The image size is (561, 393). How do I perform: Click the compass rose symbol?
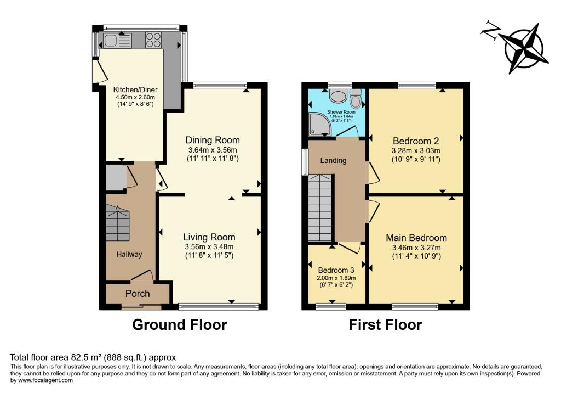(x=524, y=47)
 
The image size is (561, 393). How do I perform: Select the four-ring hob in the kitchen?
(x=153, y=40)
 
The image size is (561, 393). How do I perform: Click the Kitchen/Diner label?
(x=132, y=89)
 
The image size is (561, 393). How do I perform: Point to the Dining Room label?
(x=213, y=139)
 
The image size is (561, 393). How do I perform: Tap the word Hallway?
(x=129, y=254)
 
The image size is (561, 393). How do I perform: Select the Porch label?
(x=138, y=294)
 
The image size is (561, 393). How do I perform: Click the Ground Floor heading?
(x=180, y=325)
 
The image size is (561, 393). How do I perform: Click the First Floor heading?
(x=385, y=325)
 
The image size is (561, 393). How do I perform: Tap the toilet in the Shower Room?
(x=356, y=99)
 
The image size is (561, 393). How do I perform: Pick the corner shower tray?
(x=318, y=125)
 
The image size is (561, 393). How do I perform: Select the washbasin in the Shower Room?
(x=338, y=97)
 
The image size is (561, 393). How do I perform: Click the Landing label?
(x=333, y=161)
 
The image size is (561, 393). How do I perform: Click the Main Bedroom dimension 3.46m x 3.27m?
(x=416, y=248)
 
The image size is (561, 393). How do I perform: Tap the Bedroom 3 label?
(x=336, y=270)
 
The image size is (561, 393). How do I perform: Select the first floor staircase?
(x=320, y=209)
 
